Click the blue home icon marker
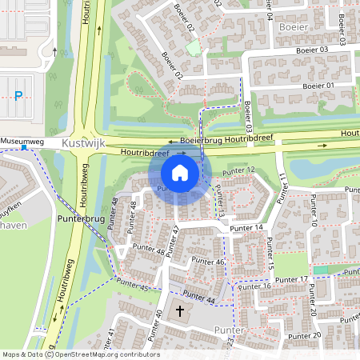click(x=180, y=172)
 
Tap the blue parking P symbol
click(x=18, y=96)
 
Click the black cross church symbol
click(x=180, y=310)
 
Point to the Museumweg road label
click(x=22, y=141)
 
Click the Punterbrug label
click(x=26, y=217)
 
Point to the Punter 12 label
click(x=239, y=170)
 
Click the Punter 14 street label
click(x=246, y=228)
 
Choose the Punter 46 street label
click(x=208, y=262)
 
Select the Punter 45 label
click(x=132, y=284)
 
